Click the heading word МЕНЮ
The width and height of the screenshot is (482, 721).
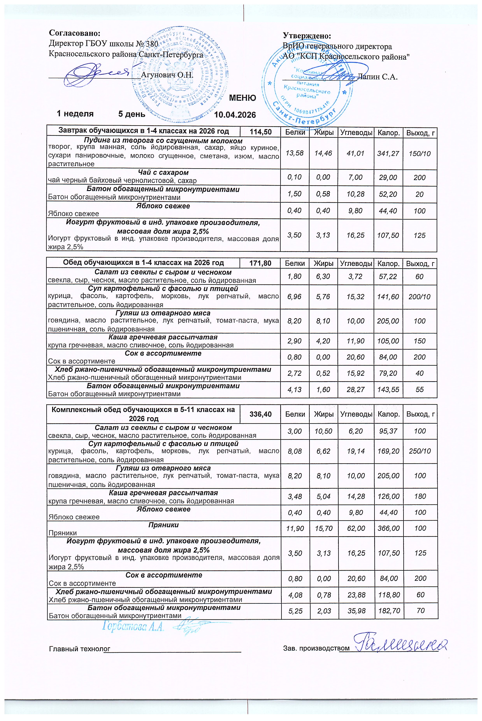tap(242, 98)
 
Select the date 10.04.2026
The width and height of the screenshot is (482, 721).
tap(235, 115)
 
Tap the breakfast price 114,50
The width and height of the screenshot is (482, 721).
tap(261, 132)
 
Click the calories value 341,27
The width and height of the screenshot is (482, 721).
tap(388, 153)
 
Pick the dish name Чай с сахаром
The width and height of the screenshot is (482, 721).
tap(163, 173)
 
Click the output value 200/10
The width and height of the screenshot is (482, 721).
tap(419, 297)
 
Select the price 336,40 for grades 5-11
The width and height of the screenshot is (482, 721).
tap(261, 414)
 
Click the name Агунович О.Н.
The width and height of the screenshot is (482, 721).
tap(167, 75)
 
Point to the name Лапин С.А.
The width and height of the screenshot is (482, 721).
tap(378, 77)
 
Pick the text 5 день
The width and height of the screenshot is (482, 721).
tap(132, 114)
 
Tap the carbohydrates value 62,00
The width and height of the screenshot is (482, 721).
tap(356, 528)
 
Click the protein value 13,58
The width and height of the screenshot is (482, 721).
tap(294, 153)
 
